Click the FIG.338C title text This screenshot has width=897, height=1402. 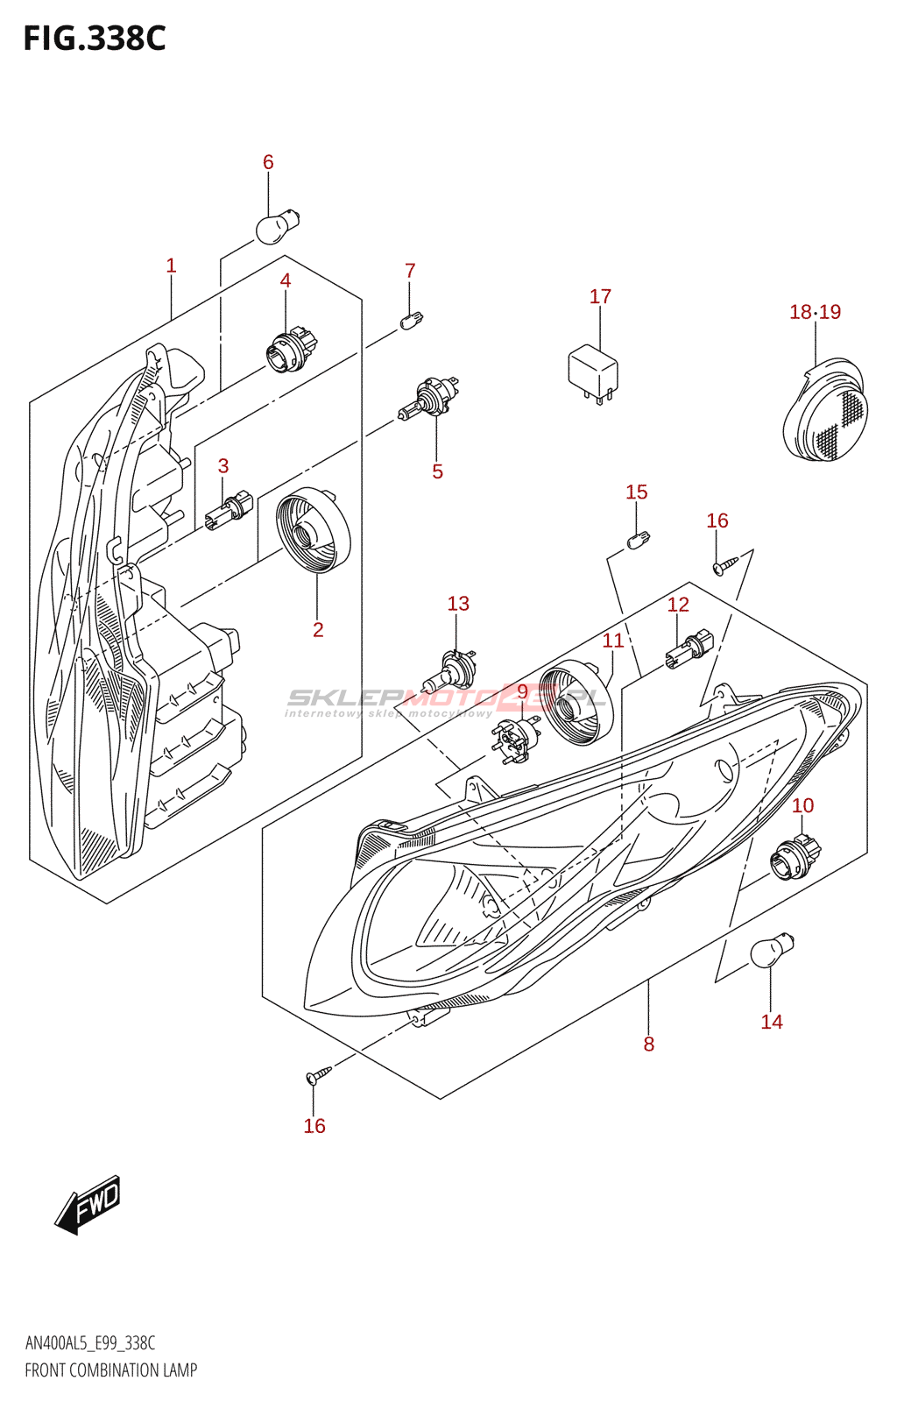(x=95, y=39)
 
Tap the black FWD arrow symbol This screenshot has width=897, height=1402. (x=88, y=1205)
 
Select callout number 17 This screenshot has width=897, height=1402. (x=600, y=296)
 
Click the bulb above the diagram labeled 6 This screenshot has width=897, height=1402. (x=277, y=225)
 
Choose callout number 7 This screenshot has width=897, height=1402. (x=410, y=271)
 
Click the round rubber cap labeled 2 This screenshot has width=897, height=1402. (x=313, y=529)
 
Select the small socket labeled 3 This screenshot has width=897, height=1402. (x=229, y=511)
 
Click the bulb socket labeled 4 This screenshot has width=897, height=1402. (x=290, y=348)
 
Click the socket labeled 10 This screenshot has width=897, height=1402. (x=795, y=855)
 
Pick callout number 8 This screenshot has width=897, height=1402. (x=648, y=1044)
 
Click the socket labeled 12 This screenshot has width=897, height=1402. (x=690, y=650)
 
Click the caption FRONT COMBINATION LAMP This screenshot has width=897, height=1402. (x=111, y=1370)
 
